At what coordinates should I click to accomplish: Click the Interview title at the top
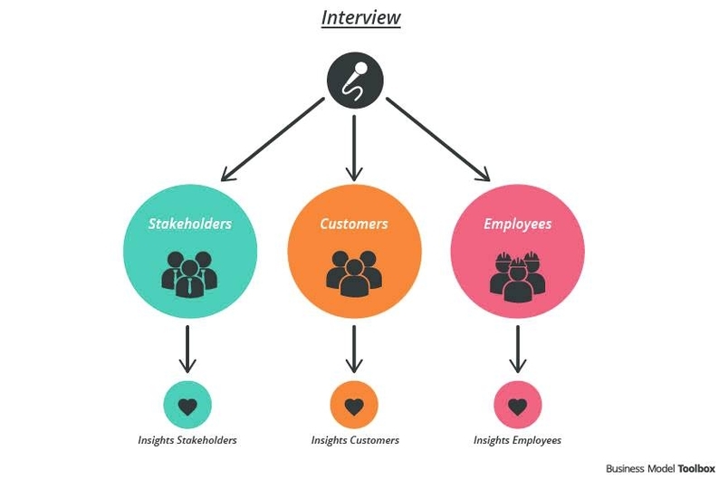[x=360, y=17]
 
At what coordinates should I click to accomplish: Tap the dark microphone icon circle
[x=354, y=80]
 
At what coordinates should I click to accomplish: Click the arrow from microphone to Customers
[x=354, y=144]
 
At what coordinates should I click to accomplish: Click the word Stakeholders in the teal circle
[x=189, y=224]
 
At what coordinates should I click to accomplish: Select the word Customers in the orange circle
[x=354, y=224]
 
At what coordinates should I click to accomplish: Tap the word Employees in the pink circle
[x=517, y=224]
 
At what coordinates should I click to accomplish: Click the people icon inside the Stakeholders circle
[x=189, y=272]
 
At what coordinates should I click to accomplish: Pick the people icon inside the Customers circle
[x=354, y=272]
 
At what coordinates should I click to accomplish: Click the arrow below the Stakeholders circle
[x=187, y=349]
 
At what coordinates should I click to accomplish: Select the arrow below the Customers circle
[x=354, y=349]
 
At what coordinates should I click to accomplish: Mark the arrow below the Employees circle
[x=517, y=349]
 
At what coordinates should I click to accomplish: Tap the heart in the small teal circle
[x=187, y=406]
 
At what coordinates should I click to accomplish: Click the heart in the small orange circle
[x=354, y=406]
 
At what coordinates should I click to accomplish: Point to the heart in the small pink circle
[x=517, y=406]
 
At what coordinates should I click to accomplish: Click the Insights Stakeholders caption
[x=187, y=441]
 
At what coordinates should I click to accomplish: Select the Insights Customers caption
[x=355, y=441]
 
